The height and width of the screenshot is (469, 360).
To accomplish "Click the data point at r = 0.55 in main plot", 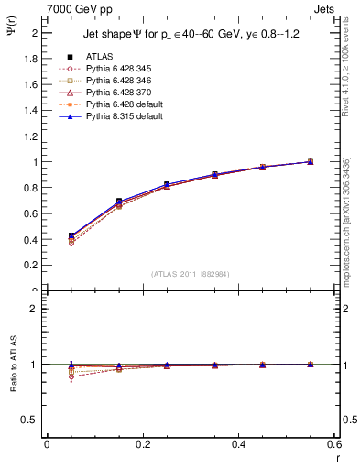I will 310,161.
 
